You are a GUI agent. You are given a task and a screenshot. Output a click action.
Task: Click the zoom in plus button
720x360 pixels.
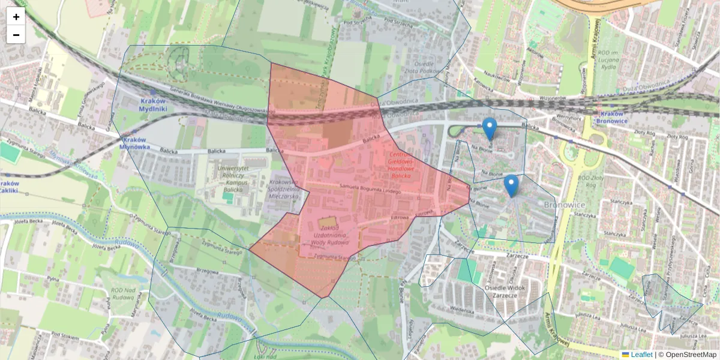tap(16, 17)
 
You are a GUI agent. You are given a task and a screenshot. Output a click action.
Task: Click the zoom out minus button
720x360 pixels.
tap(16, 35)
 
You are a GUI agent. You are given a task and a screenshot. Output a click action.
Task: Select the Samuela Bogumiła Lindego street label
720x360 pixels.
tap(368, 190)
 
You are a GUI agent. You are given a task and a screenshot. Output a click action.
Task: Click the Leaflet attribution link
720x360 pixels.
tap(641, 355)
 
